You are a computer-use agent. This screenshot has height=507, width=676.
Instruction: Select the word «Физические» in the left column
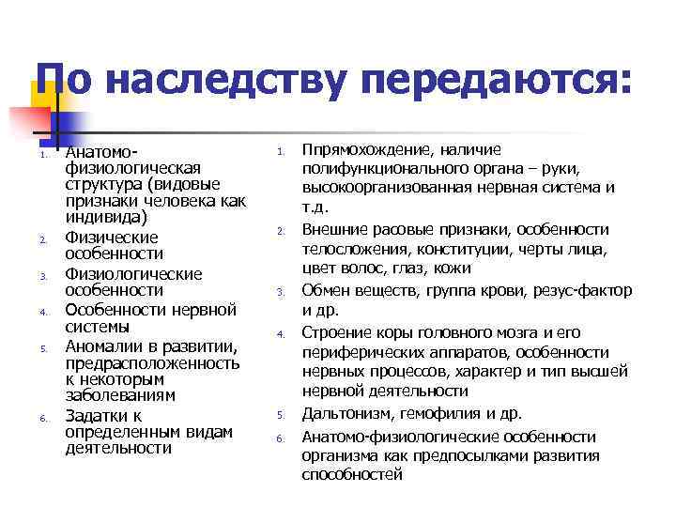[112, 238]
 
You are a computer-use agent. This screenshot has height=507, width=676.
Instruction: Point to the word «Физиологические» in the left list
[133, 274]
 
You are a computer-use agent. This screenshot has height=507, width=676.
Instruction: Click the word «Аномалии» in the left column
[104, 347]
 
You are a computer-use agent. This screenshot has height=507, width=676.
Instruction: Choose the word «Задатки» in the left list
[98, 416]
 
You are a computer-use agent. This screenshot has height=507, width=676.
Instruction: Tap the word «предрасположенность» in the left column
[151, 363]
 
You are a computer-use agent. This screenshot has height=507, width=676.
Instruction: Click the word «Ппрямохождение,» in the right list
[363, 150]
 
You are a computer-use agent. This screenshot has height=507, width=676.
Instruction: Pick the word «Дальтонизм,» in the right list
[347, 414]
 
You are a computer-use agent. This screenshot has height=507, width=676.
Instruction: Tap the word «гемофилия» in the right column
[437, 414]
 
